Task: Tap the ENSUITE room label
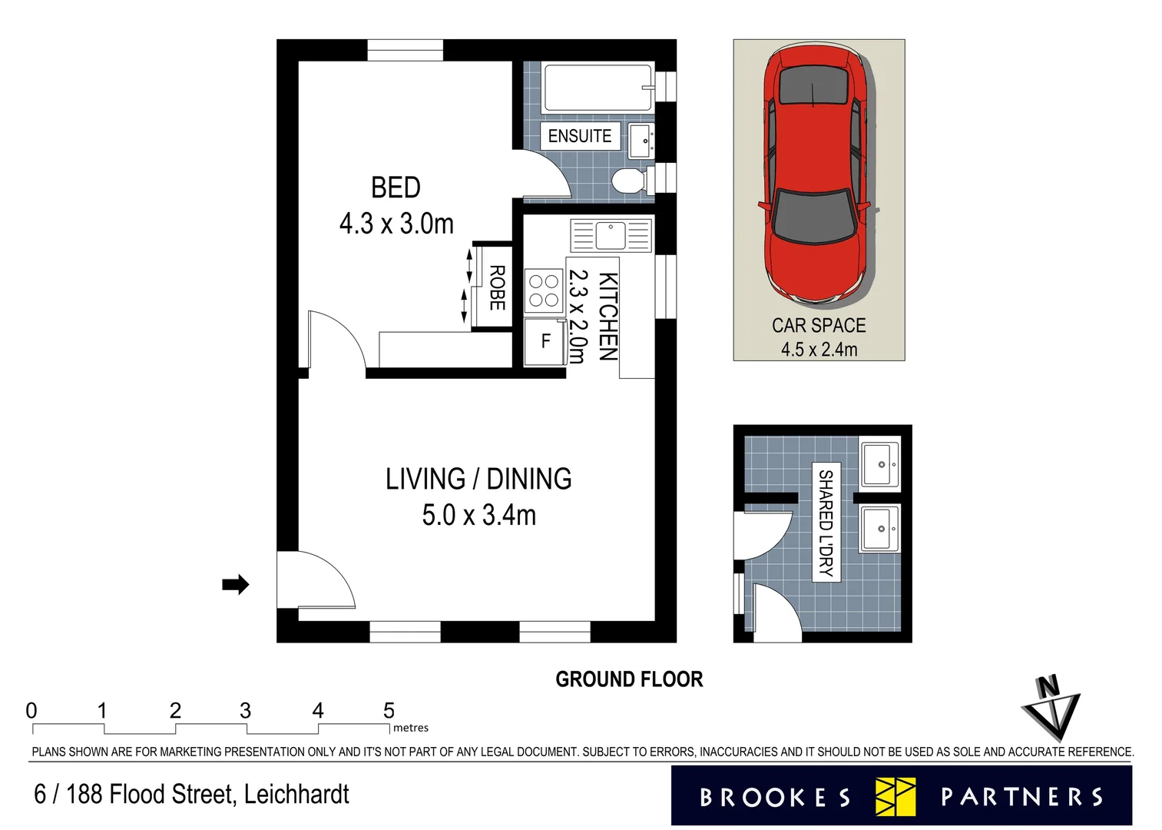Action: click(x=579, y=136)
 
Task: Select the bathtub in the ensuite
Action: click(x=598, y=88)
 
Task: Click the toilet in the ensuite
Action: click(x=629, y=181)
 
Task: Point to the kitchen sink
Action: click(x=611, y=235)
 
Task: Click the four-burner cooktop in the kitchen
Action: click(x=544, y=290)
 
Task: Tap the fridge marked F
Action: click(x=545, y=341)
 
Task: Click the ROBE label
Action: click(x=497, y=288)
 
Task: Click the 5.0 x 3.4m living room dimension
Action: click(x=478, y=516)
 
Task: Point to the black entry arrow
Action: click(x=236, y=585)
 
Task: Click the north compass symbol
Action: click(x=1050, y=708)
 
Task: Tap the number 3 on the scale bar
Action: click(x=245, y=711)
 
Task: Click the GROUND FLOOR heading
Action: click(x=629, y=679)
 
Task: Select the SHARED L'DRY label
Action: click(x=826, y=523)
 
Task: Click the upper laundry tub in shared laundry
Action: click(x=880, y=464)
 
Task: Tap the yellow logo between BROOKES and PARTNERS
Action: click(x=896, y=797)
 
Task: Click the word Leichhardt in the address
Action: click(x=296, y=795)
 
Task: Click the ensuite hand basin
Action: click(x=641, y=141)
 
